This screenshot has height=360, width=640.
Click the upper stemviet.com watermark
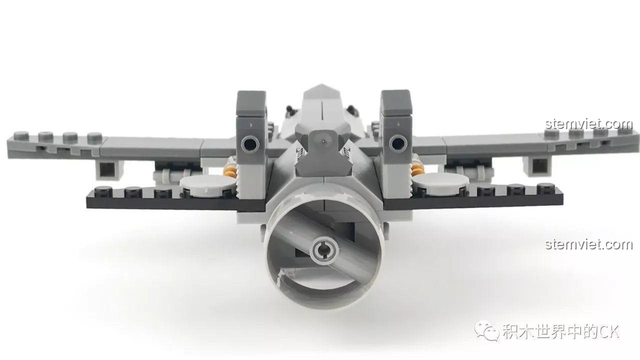click(589, 123)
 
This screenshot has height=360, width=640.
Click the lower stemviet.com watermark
click(589, 244)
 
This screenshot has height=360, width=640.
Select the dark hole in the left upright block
click(249, 144)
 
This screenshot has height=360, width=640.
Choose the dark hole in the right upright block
click(397, 144)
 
